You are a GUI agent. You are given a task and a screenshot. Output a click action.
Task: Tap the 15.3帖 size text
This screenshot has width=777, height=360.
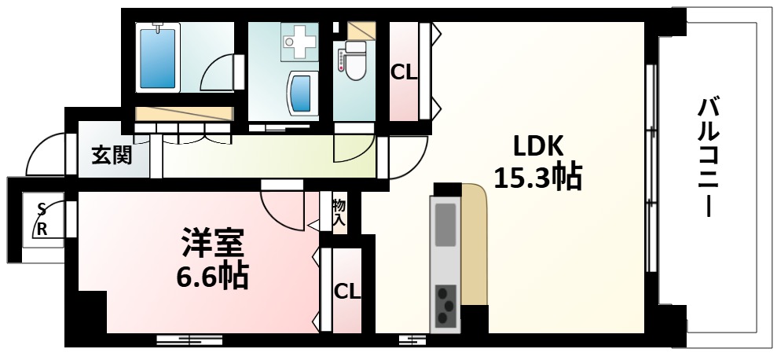537,178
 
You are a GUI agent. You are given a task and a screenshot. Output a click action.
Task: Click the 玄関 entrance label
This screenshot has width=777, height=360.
111,156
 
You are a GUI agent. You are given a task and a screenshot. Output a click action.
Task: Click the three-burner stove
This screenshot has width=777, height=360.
446,303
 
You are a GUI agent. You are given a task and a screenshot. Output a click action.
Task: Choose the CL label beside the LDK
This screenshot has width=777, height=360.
404,73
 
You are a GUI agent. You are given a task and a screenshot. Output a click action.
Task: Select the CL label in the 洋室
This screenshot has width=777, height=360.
346,291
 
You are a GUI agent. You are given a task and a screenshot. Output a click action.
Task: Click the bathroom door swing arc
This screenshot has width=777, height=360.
219,73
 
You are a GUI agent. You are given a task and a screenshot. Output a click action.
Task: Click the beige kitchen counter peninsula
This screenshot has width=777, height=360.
474,244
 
